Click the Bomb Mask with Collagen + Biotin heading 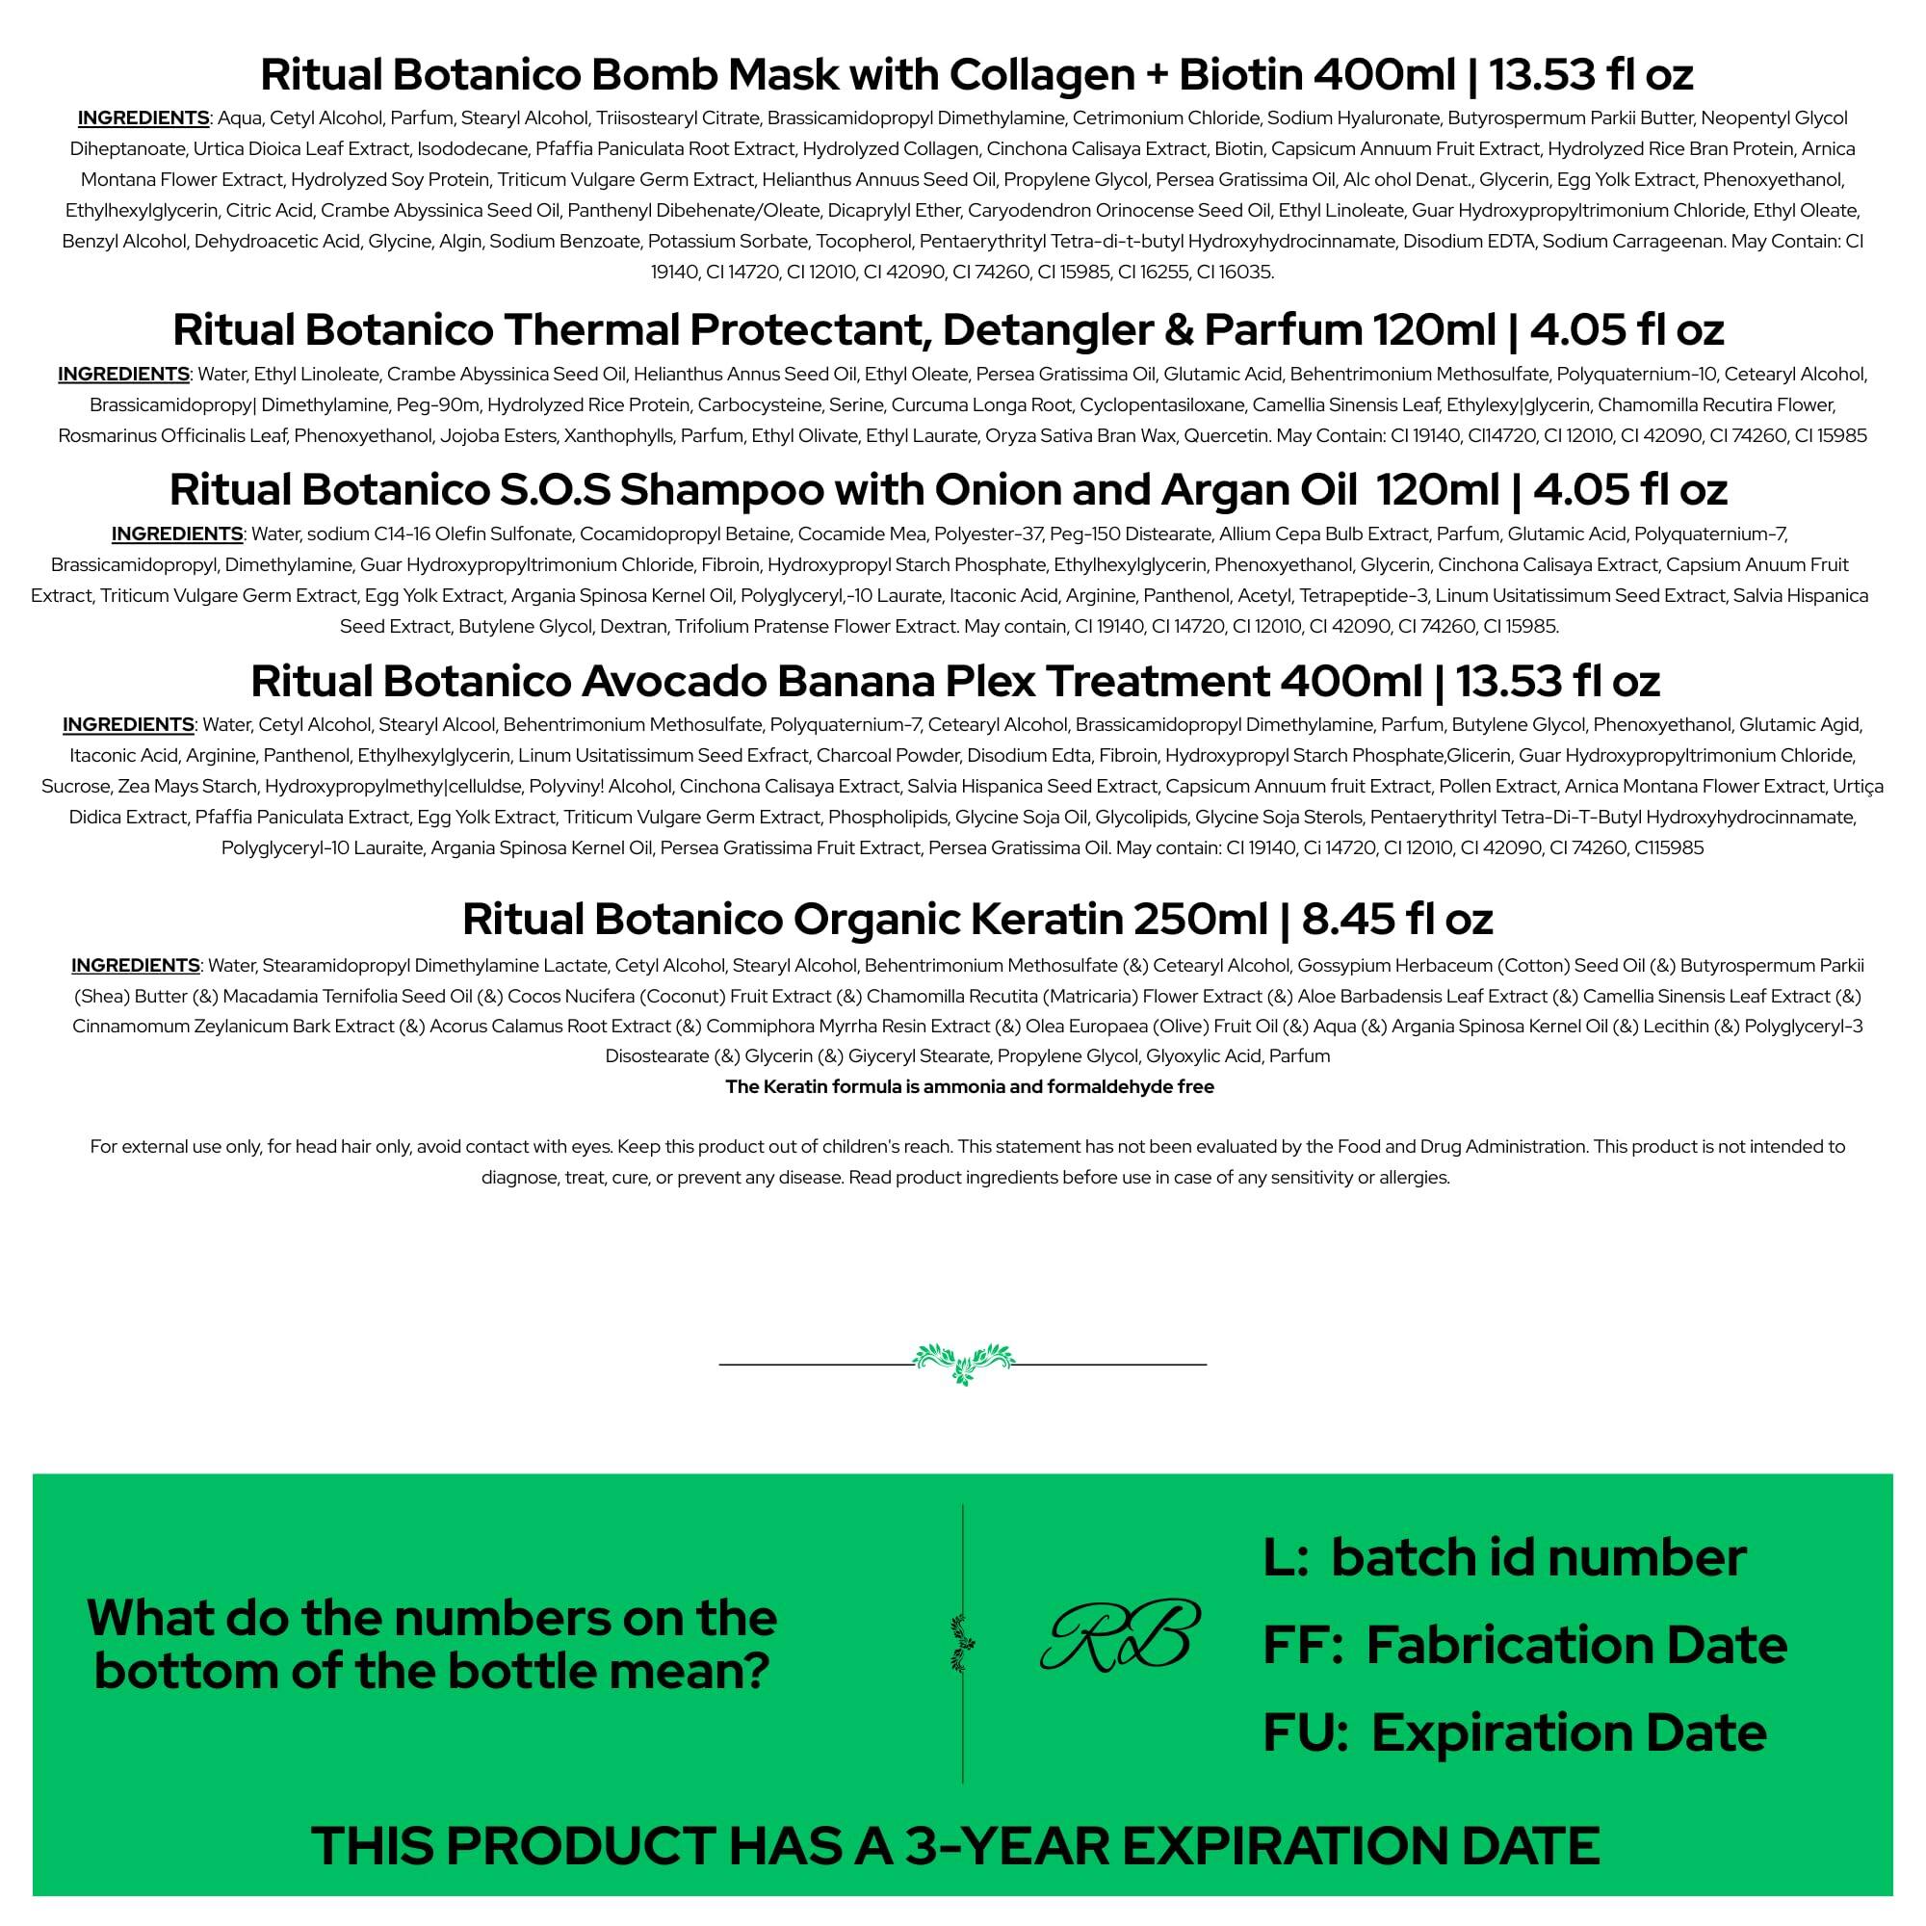point(976,74)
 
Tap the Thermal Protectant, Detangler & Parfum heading point(948,329)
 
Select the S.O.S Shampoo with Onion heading point(948,488)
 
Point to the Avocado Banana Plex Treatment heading point(955,681)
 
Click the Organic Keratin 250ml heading point(976,918)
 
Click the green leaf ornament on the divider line point(963,1362)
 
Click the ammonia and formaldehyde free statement point(969,1086)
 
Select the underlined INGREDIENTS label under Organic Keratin point(136,965)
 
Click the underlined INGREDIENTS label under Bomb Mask point(143,117)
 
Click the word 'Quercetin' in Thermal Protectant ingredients point(1228,435)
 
